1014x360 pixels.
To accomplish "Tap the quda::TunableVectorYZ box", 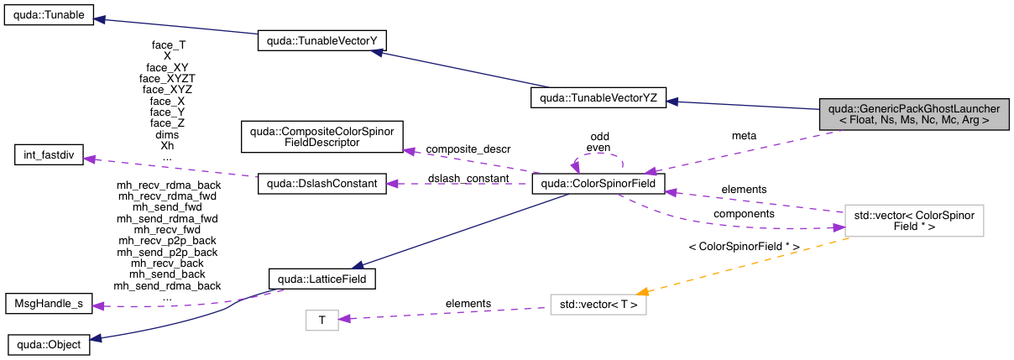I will click(x=598, y=99).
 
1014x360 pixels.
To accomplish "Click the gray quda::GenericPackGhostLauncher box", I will click(x=913, y=114).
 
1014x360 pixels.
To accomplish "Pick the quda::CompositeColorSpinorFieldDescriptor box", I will click(x=322, y=137).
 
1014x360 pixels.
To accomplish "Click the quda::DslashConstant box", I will click(x=322, y=184).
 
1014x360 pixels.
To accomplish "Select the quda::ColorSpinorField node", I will click(x=598, y=181).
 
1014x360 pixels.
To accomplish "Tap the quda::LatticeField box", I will click(x=322, y=276).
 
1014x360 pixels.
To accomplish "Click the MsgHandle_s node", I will click(x=49, y=303).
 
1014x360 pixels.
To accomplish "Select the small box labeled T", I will click(x=321, y=319).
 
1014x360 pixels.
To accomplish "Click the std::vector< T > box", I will click(x=598, y=305).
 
